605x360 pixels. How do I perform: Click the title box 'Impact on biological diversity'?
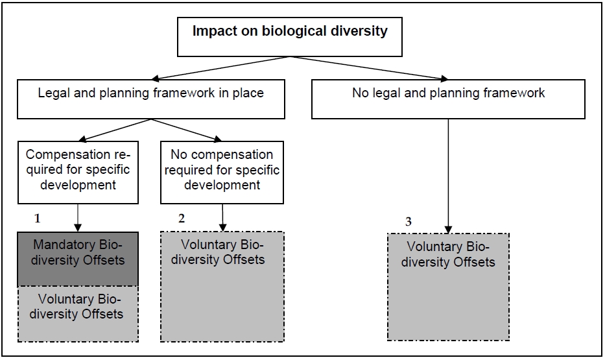pyautogui.click(x=290, y=37)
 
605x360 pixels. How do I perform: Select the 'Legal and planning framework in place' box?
pyautogui.click(x=151, y=99)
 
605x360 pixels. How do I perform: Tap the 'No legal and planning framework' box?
pyautogui.click(x=448, y=99)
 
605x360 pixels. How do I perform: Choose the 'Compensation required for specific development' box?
pyautogui.click(x=78, y=173)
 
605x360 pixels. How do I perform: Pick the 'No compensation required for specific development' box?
pyautogui.click(x=222, y=173)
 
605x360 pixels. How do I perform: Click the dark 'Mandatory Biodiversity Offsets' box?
pyautogui.click(x=78, y=259)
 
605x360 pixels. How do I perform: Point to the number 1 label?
pyautogui.click(x=38, y=219)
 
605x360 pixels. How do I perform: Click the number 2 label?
pyautogui.click(x=182, y=219)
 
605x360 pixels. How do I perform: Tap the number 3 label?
pyautogui.click(x=409, y=221)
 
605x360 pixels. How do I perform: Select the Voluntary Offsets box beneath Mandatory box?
pyautogui.click(x=78, y=314)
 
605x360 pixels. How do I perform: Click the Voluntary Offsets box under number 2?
pyautogui.click(x=222, y=287)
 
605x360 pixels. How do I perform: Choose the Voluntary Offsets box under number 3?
pyautogui.click(x=448, y=287)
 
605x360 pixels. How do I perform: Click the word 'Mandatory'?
pyautogui.click(x=64, y=245)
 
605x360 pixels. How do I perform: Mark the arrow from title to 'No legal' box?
pyautogui.click(x=369, y=68)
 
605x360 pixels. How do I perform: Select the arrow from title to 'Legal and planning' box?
pyautogui.click(x=220, y=68)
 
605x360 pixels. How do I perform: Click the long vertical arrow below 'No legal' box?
pyautogui.click(x=448, y=176)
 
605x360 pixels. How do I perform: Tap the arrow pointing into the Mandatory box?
pyautogui.click(x=78, y=218)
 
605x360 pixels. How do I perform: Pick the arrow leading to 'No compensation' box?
pyautogui.click(x=187, y=130)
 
